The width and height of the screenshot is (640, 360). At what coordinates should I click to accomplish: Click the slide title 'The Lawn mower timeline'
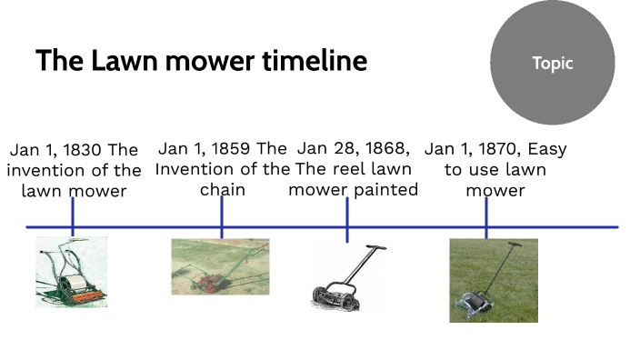tap(201, 61)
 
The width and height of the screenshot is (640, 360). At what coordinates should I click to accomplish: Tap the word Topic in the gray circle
tap(552, 64)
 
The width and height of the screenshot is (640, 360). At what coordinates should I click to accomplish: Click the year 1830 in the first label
tap(82, 150)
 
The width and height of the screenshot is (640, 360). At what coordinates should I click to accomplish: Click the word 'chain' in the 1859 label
tap(222, 190)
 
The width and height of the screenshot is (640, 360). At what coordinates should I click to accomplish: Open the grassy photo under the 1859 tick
tap(220, 266)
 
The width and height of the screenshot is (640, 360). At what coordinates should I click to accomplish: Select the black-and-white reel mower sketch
tap(345, 278)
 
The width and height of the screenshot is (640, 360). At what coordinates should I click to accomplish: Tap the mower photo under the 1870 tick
tap(493, 280)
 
